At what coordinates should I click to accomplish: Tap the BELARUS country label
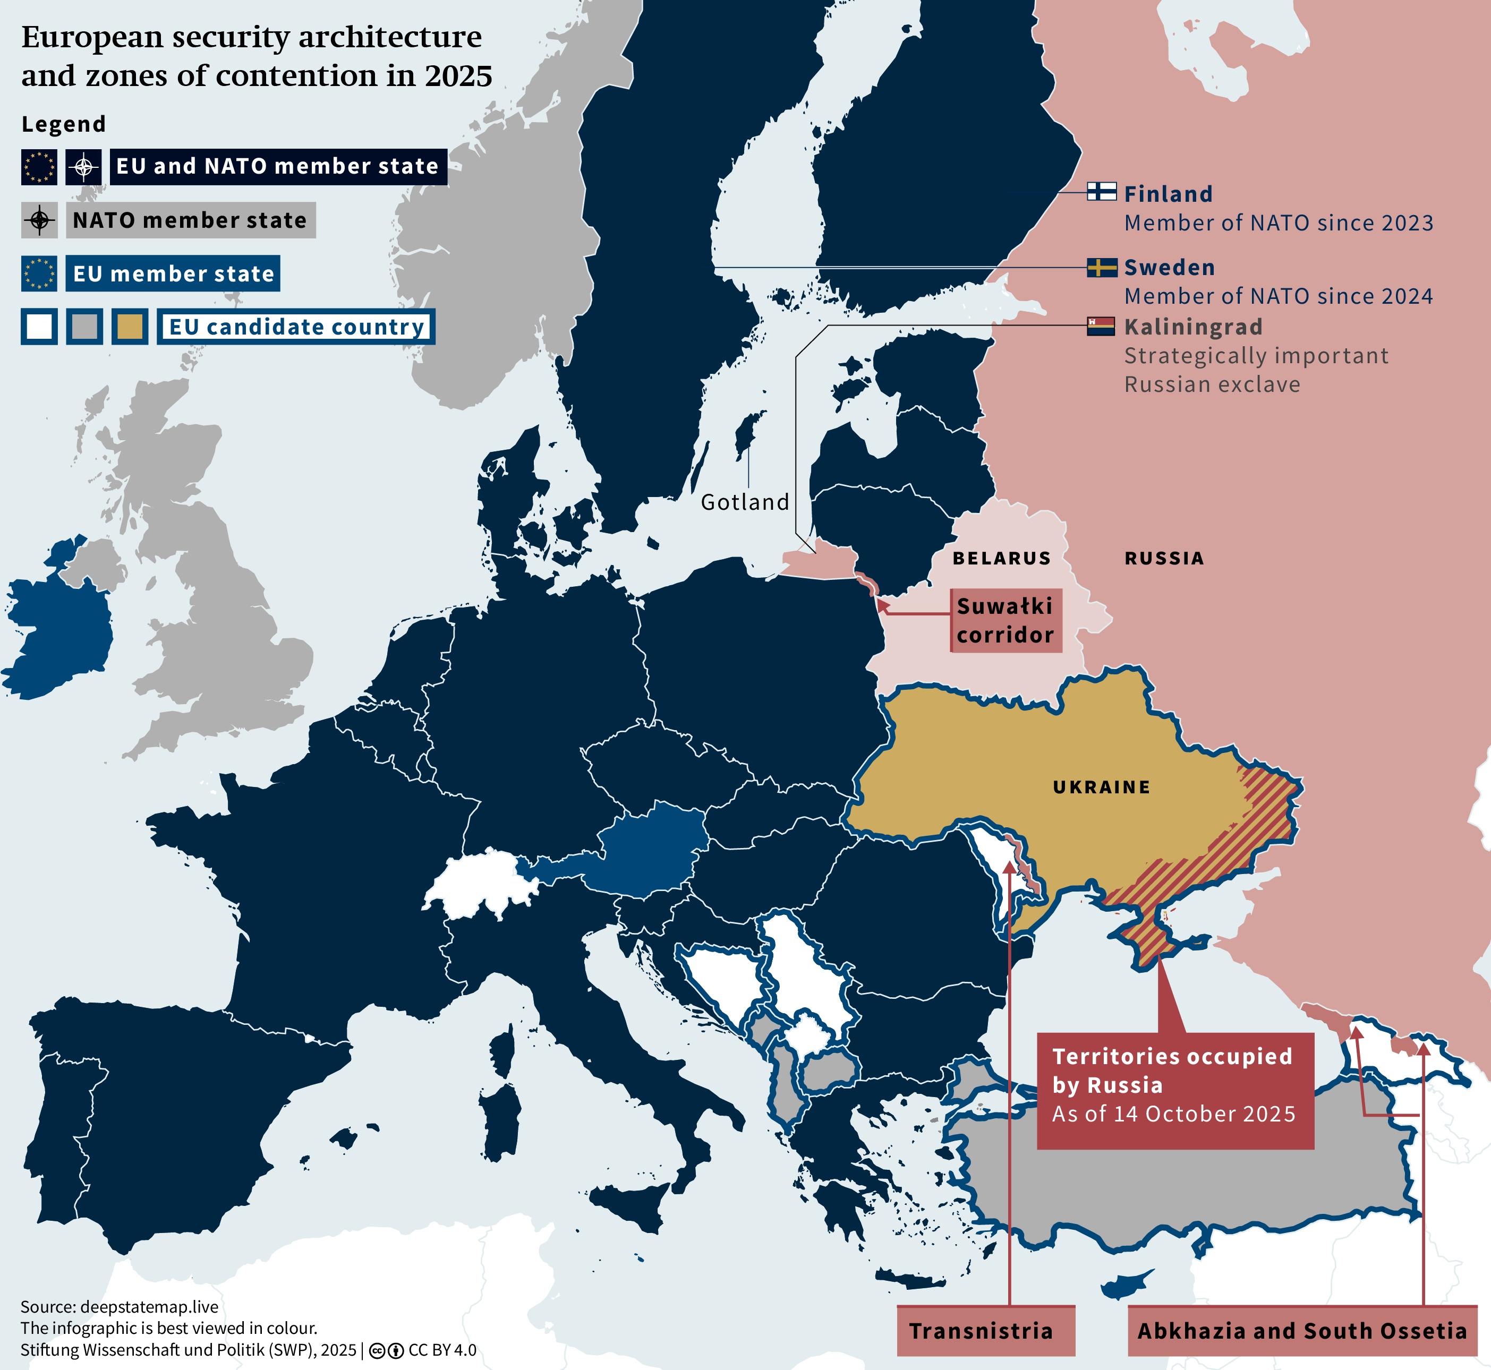coord(1002,558)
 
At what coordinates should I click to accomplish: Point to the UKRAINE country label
coord(1102,787)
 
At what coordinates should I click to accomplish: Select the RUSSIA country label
coord(1164,558)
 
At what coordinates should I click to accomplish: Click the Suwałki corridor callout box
coord(1006,621)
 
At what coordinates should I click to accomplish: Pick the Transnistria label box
coord(985,1331)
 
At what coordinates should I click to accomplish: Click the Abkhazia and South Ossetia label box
coord(1302,1331)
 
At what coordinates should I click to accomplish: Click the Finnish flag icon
coord(1102,191)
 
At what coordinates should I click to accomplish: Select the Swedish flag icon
coord(1102,267)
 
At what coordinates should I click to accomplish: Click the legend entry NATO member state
coord(190,220)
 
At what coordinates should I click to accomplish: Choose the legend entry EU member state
coord(173,273)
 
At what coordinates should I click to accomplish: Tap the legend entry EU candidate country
coord(296,327)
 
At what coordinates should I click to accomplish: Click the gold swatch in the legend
coord(130,327)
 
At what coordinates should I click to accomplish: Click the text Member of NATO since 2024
coord(1278,296)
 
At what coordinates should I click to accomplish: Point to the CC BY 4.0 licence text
coord(442,1350)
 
